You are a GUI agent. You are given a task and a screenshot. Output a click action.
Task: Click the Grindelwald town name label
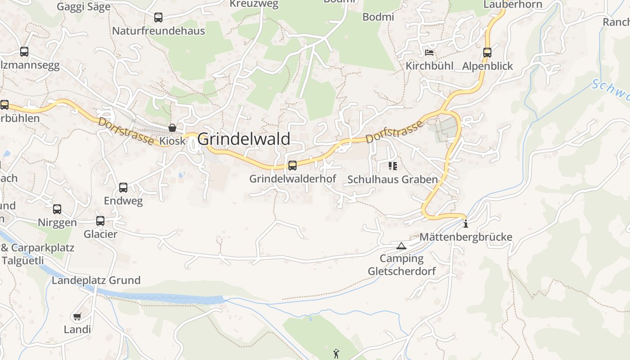[243, 139]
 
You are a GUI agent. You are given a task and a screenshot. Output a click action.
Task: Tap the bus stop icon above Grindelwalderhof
[292, 166]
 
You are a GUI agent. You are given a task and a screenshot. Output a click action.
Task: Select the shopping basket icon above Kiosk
[172, 128]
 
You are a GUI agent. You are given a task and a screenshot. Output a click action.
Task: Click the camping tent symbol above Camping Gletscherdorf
[401, 246]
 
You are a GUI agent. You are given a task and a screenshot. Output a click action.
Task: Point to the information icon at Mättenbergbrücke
[465, 223]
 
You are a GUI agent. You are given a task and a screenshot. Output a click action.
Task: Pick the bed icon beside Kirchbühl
[429, 53]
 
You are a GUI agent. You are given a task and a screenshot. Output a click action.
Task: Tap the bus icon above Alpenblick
[487, 53]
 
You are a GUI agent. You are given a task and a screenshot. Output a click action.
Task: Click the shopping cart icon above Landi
[77, 317]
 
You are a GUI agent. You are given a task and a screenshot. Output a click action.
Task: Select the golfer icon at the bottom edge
[336, 354]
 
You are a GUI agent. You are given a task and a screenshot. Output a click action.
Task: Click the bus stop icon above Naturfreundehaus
[158, 18]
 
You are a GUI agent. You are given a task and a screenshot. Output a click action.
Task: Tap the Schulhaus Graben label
[392, 180]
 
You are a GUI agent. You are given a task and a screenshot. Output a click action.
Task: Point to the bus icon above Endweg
[123, 188]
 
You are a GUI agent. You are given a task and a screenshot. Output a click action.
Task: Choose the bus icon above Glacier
[100, 221]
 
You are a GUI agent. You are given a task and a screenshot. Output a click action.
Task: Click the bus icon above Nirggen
[57, 209]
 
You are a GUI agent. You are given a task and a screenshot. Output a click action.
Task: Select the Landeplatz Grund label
[96, 280]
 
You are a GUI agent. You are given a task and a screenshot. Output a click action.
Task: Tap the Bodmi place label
[378, 17]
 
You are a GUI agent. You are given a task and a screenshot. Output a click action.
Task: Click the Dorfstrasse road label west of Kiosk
[126, 131]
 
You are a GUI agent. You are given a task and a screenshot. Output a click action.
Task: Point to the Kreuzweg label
[254, 4]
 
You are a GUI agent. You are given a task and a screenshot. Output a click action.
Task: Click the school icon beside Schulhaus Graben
[392, 166]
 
